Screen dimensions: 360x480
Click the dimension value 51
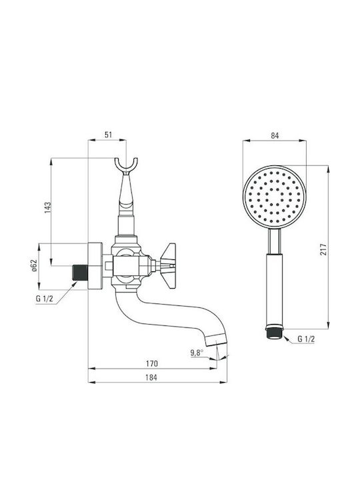109,135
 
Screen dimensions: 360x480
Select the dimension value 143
47,207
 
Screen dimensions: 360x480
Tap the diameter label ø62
34,265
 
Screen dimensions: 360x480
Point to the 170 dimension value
152,364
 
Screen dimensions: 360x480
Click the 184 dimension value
151,378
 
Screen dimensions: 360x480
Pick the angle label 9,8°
197,353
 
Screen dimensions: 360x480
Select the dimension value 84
275,135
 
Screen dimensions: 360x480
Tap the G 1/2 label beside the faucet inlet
45,299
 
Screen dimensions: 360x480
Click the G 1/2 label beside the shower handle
306,339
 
